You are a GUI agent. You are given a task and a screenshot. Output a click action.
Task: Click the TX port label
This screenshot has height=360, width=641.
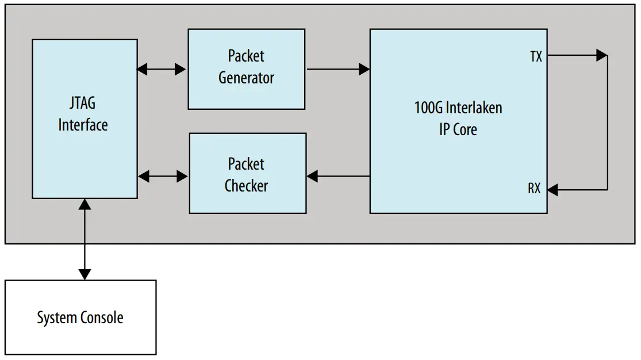pos(536,56)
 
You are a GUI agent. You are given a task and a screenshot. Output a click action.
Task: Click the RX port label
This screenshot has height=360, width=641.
pos(534,189)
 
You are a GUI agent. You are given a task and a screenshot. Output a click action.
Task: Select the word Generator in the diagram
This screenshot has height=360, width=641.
pos(246,78)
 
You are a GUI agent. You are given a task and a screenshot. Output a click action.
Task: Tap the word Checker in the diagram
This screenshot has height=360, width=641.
pos(246,186)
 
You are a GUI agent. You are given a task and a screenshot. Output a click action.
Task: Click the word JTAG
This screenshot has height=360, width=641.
pos(83,104)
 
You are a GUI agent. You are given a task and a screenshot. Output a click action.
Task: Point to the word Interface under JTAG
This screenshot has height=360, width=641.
pos(83,124)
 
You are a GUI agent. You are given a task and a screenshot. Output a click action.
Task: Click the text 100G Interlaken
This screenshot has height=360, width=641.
pos(458,108)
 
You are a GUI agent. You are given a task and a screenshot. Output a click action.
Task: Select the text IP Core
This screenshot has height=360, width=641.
pos(458,129)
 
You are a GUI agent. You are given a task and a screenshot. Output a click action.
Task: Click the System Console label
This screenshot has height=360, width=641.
pos(80,317)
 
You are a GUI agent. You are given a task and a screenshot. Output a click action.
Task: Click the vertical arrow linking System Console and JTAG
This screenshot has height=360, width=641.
pos(85,239)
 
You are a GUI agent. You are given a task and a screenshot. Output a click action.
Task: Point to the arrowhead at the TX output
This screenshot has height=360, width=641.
pos(601,56)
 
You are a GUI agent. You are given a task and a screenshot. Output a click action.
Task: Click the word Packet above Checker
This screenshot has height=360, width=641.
pos(246,164)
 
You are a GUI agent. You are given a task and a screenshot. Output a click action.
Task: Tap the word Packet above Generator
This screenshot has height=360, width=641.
pos(246,56)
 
